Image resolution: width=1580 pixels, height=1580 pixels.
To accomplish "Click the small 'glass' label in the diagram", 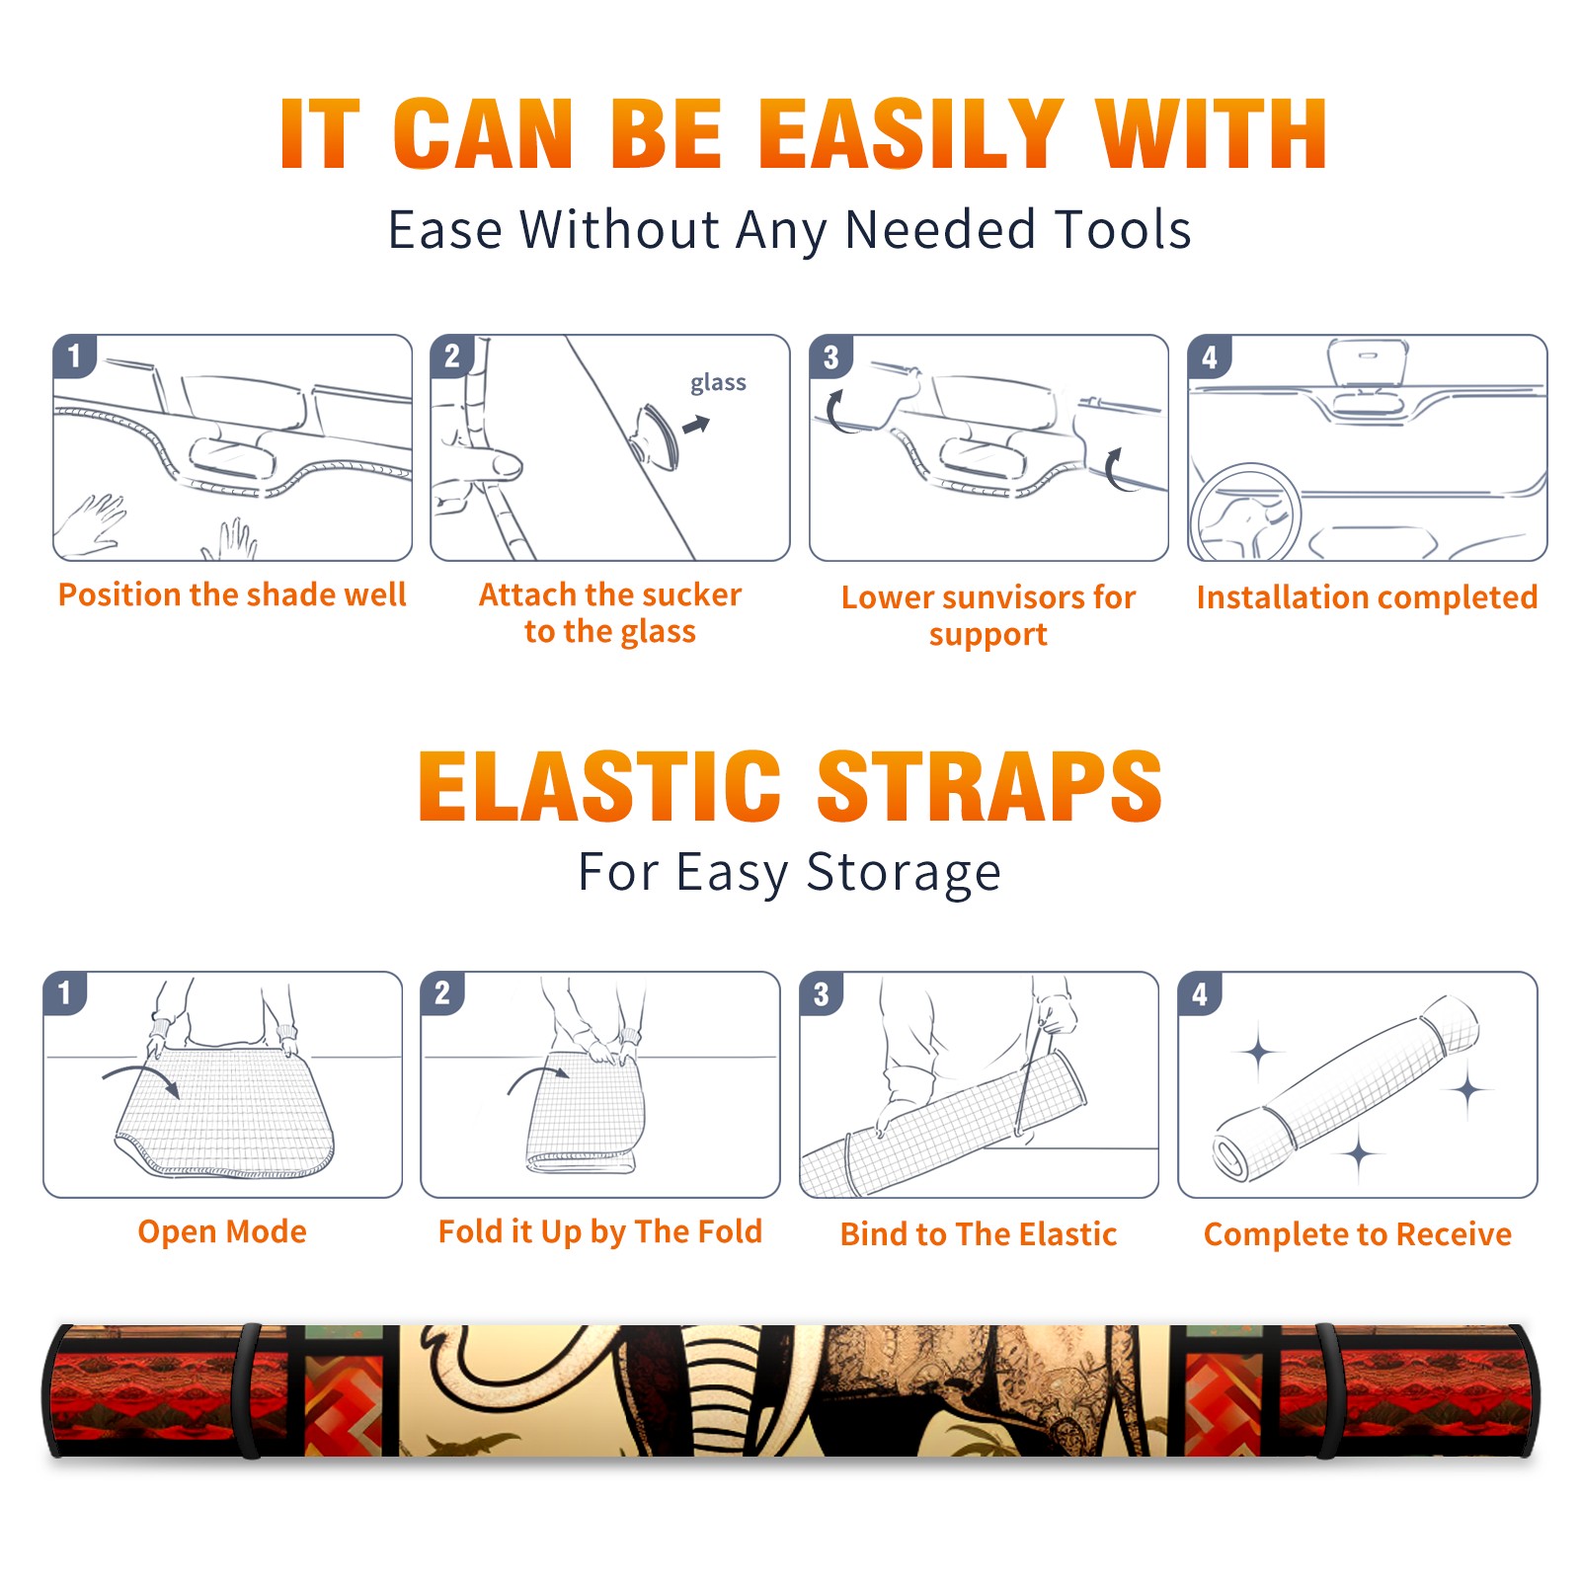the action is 718,383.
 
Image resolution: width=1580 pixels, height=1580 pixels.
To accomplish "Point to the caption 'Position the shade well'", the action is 232,594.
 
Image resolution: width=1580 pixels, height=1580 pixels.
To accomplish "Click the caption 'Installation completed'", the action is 1367,596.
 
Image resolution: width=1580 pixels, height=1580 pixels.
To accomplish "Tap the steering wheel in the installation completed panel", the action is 1245,512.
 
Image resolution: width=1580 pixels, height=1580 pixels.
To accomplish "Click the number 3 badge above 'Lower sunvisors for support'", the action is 830,356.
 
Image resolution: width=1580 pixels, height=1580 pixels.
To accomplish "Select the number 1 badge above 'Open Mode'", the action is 65,992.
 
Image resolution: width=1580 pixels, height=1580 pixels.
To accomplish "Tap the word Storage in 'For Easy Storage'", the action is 904,873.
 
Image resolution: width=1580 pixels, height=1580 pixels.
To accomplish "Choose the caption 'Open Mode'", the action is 222,1231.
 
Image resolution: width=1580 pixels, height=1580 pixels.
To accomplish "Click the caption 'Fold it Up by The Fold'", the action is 600,1231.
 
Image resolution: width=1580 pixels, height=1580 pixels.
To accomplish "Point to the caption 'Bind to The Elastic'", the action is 979,1233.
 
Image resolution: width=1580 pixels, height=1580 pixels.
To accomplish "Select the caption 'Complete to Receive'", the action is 1358,1233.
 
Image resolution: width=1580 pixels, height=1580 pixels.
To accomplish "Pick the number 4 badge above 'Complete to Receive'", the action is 1200,993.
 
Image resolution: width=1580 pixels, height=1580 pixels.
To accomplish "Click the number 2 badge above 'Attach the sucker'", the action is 452,355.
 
